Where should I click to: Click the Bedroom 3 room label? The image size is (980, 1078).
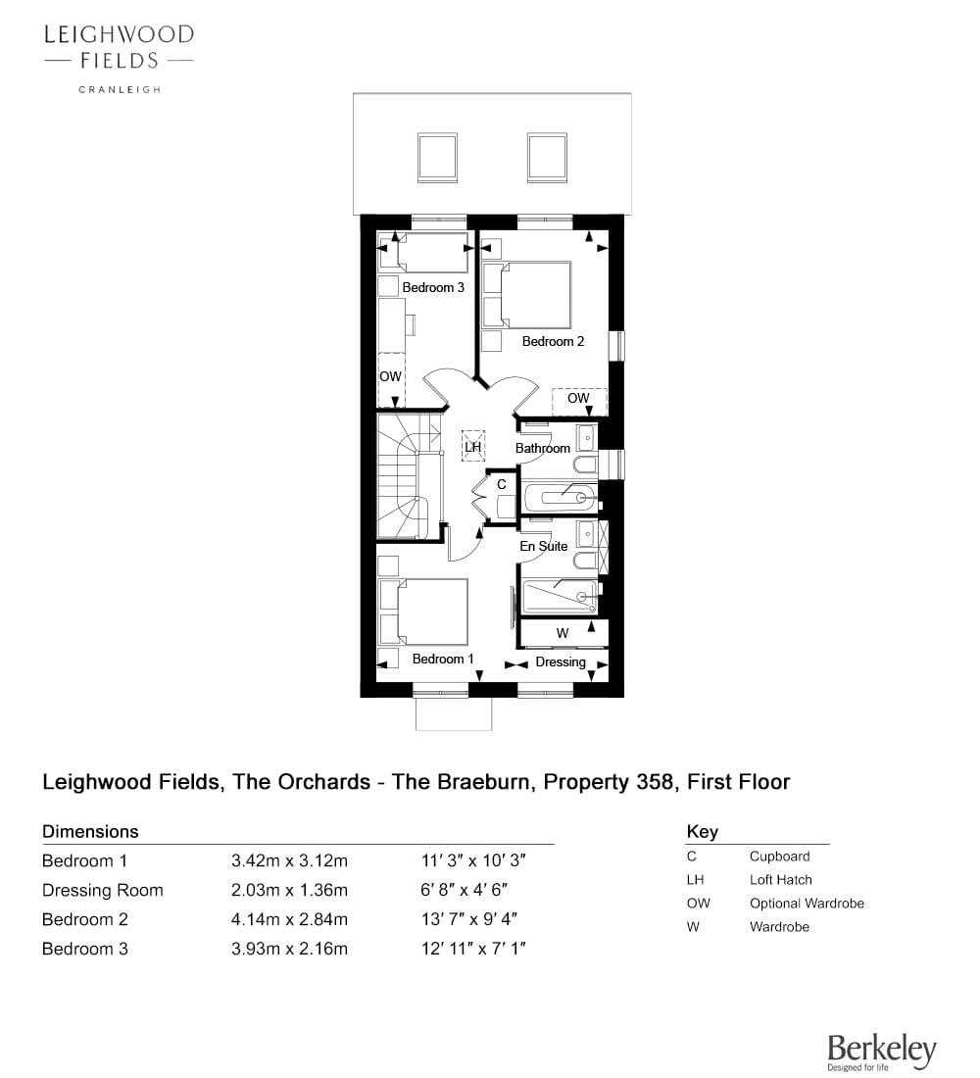click(x=433, y=287)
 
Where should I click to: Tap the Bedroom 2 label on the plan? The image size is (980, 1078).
click(x=553, y=341)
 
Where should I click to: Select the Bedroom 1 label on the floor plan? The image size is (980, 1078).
click(x=443, y=659)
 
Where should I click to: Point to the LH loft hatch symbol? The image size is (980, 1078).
click(x=473, y=446)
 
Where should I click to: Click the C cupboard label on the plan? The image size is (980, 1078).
click(x=502, y=484)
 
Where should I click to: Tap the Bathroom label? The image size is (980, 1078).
click(x=543, y=448)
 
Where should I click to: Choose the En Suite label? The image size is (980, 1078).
click(x=543, y=546)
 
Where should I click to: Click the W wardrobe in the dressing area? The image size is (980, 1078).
click(x=563, y=633)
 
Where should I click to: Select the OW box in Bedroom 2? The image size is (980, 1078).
click(x=579, y=402)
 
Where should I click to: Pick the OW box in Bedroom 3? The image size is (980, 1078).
click(x=391, y=379)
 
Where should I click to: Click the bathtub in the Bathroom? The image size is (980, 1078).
click(x=560, y=497)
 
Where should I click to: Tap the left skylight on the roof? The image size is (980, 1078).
click(x=437, y=158)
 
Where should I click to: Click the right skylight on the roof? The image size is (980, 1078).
click(x=548, y=158)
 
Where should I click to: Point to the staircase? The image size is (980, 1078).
click(x=410, y=475)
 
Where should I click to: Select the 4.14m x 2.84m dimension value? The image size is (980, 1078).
click(x=289, y=919)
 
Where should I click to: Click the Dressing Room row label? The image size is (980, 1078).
click(x=103, y=890)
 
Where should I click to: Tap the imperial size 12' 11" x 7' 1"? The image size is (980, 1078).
click(x=474, y=949)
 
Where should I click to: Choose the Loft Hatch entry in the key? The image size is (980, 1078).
click(x=780, y=880)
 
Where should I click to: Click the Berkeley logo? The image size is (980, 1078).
click(x=882, y=1052)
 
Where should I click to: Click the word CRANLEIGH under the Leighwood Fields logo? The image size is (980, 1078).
click(x=120, y=89)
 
